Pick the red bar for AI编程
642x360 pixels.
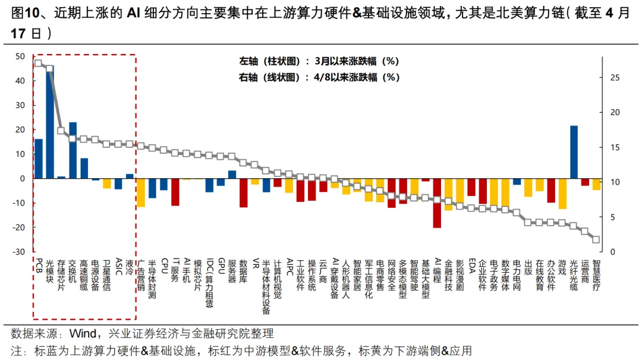click(438, 203)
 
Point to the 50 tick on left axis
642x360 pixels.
click(20, 56)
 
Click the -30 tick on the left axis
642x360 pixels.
click(19, 252)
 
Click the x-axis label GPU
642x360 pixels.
click(221, 265)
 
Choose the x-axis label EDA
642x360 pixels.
click(471, 265)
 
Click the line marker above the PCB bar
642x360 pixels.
click(39, 63)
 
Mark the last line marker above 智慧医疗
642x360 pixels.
click(596, 240)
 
